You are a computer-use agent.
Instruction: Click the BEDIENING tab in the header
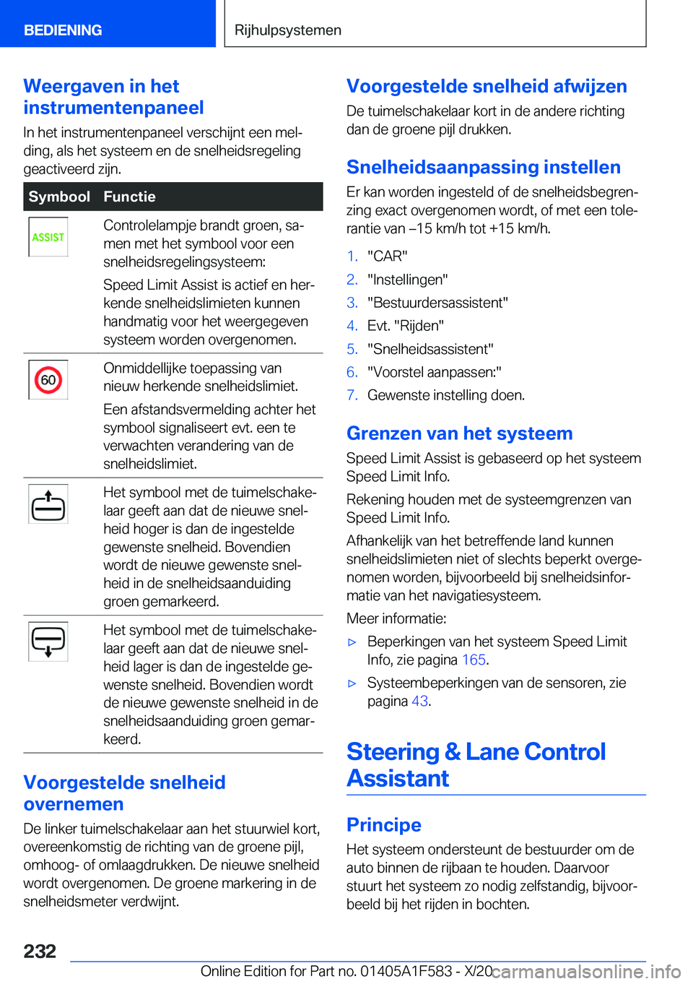coord(63,30)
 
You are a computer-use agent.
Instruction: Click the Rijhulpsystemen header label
coord(288,30)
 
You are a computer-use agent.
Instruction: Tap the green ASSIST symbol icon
coord(48,237)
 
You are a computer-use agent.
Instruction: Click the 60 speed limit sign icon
coord(48,380)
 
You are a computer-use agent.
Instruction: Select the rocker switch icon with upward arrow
coord(48,504)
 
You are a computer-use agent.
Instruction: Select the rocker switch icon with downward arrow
coord(48,641)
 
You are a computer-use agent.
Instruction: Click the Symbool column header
coord(59,197)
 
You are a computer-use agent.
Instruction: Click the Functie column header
coord(129,197)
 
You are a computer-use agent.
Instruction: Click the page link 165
coord(474,660)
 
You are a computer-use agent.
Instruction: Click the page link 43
coord(419,701)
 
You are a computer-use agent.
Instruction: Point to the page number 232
coord(40,951)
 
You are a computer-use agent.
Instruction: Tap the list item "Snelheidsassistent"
coord(430,349)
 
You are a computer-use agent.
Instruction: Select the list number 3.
coord(352,303)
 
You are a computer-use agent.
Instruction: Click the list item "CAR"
coord(388,256)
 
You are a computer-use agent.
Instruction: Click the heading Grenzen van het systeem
coord(459,433)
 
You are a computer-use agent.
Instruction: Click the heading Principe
coord(383,825)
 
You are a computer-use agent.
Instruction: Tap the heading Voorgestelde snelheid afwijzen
coord(487,87)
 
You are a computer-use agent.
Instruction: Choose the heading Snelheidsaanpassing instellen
coord(483,168)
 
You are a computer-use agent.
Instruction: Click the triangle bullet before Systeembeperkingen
coord(352,683)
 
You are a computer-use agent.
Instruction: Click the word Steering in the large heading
coord(393,752)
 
